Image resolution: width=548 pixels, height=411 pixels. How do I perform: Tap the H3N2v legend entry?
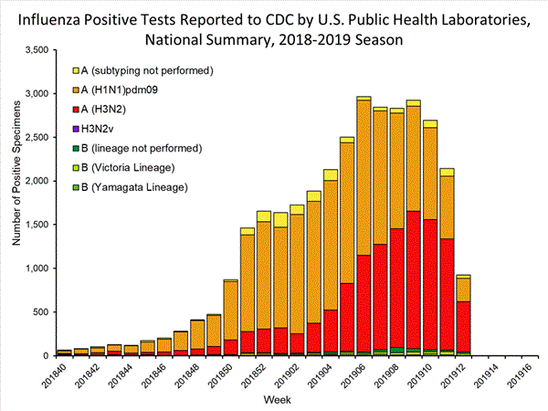(104, 128)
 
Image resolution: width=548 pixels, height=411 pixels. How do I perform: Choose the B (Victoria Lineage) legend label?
(130, 167)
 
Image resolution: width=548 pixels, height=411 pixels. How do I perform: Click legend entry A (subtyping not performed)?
(146, 70)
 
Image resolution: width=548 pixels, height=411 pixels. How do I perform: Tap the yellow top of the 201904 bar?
(330, 174)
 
